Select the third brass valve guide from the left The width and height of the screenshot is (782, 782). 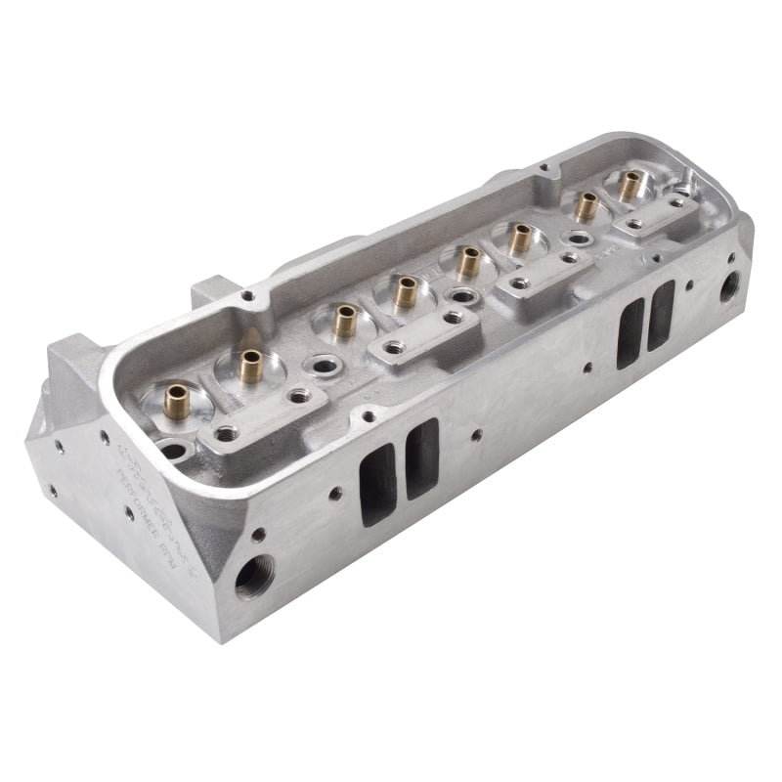pyautogui.click(x=344, y=320)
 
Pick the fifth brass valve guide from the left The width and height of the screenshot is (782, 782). pyautogui.click(x=469, y=260)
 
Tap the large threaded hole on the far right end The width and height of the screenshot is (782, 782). pyautogui.click(x=729, y=285)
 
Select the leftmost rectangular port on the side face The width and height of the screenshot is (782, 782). pyautogui.click(x=376, y=483)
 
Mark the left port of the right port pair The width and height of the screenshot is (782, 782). pyautogui.click(x=630, y=332)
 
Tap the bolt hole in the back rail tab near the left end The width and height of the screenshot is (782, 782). pyautogui.click(x=249, y=296)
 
